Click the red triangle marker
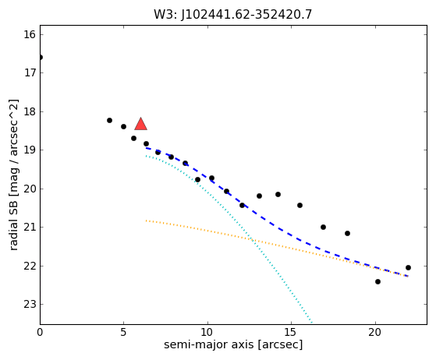pos(140,124)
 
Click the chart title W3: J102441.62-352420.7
pos(233,15)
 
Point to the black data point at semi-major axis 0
pos(41,57)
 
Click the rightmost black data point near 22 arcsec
pos(408,268)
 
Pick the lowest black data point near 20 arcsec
pos(378,281)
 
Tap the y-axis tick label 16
pos(30,35)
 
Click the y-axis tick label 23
pos(30,305)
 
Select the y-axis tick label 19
pos(30,150)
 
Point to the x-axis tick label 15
pos(291,332)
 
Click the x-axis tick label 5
pos(123,332)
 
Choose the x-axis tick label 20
pos(375,332)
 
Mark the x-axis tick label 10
pos(207,332)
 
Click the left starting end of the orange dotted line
pos(146,221)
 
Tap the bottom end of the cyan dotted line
pos(312,323)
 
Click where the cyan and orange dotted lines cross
pos(253,239)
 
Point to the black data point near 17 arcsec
pos(323,228)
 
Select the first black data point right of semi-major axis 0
pos(109,120)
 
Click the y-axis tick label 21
pos(30,228)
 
